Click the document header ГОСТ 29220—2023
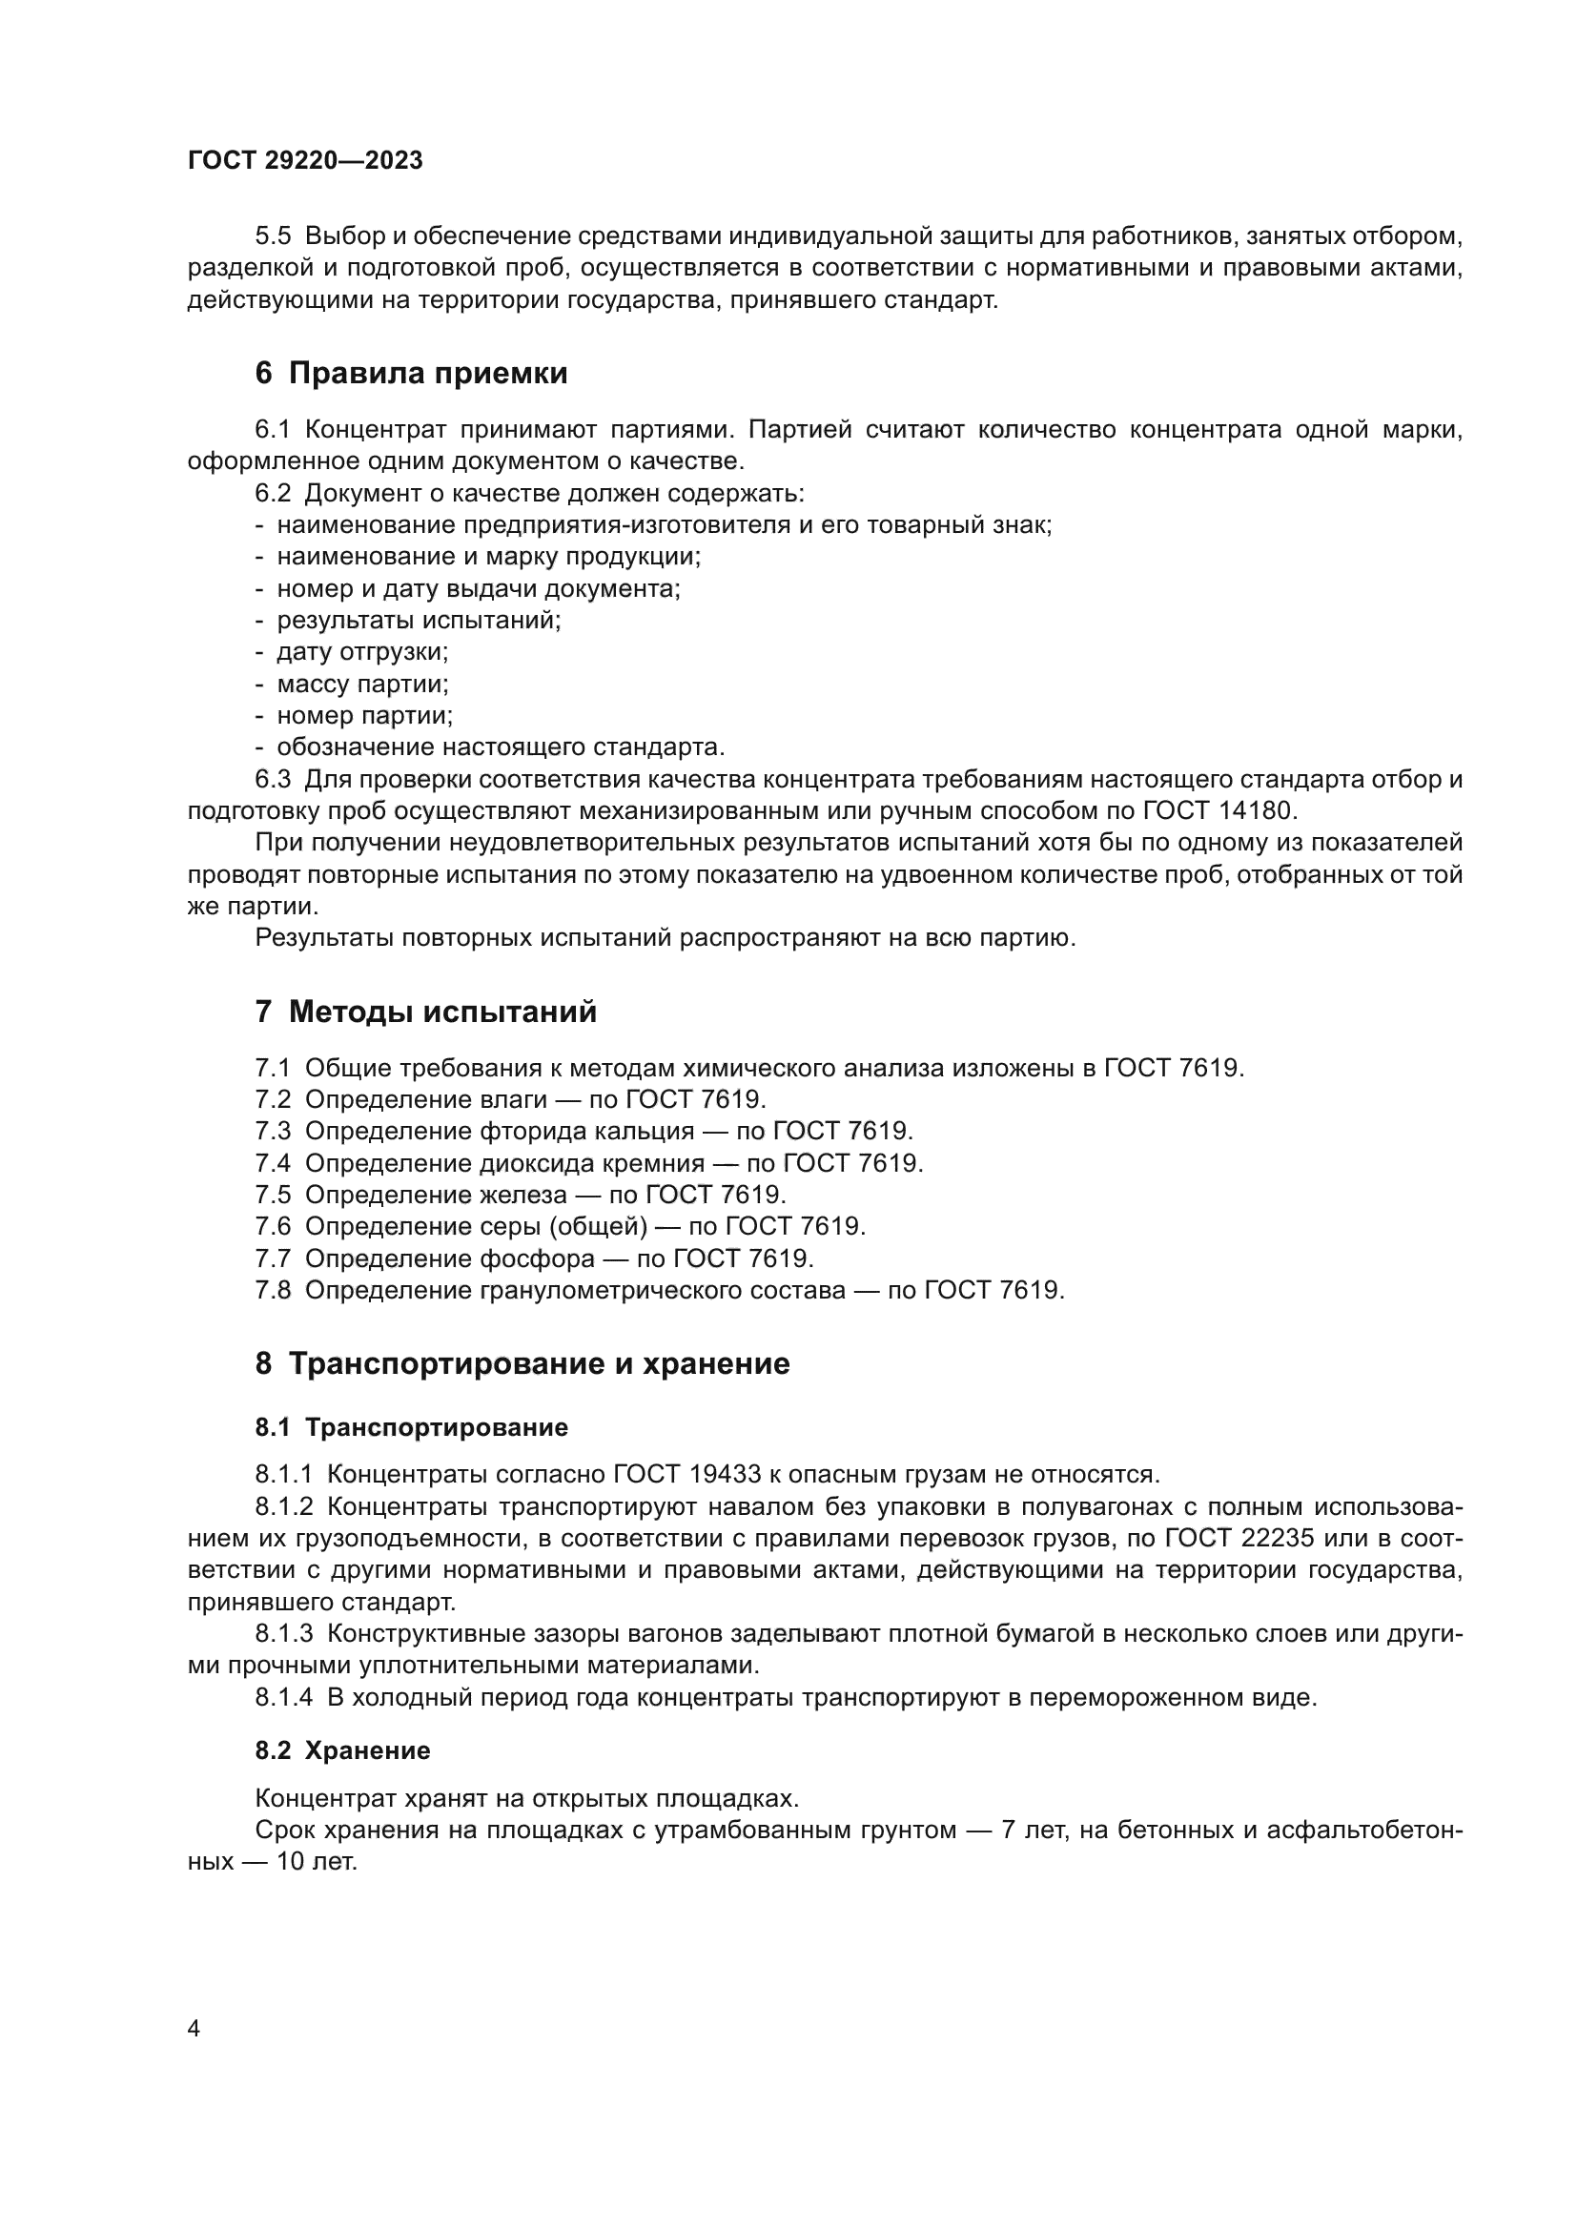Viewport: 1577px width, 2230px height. point(305,160)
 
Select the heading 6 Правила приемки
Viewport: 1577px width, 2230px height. point(411,373)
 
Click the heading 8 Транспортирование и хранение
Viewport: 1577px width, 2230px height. point(522,1363)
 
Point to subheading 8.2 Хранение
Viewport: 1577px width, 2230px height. point(343,1750)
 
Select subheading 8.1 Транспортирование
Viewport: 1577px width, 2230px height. point(412,1427)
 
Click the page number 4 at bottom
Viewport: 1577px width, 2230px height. point(194,2029)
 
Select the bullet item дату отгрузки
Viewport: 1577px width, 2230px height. point(362,652)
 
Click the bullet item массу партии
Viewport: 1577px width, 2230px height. point(362,684)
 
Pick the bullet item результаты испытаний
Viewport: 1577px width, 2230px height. point(419,620)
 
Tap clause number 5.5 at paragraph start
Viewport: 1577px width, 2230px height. point(273,236)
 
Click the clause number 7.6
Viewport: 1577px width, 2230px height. point(273,1227)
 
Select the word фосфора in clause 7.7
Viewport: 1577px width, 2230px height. point(537,1258)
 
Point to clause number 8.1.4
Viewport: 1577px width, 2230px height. point(283,1698)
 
